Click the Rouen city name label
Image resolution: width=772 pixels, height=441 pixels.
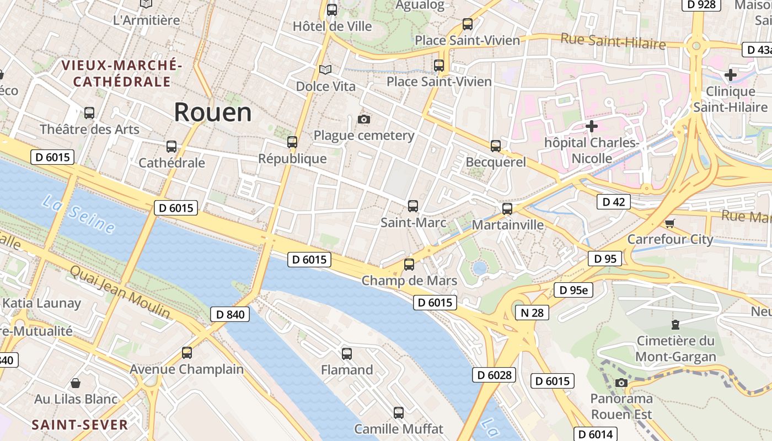[x=213, y=112]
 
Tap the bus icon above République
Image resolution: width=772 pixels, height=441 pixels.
[x=292, y=142]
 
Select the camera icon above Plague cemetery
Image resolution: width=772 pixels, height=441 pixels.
[x=363, y=119]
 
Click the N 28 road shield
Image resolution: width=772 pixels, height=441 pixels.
[x=532, y=313]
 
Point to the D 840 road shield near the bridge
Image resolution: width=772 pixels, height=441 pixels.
[x=230, y=314]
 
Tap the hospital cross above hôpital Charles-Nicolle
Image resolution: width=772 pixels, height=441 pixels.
[x=591, y=126]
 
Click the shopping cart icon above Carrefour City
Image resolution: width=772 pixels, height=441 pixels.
[x=669, y=223]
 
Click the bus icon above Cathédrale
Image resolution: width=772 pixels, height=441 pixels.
[x=171, y=147]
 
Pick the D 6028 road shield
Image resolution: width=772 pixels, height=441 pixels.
[x=494, y=375]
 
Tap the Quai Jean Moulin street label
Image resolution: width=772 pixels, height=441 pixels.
[x=120, y=292]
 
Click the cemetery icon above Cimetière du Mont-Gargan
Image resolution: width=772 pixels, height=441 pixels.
[x=675, y=324]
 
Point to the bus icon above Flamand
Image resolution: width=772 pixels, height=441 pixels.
[x=346, y=353]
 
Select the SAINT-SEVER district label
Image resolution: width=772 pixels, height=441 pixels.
[x=80, y=425]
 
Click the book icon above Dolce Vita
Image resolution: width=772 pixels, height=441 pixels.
[x=325, y=69]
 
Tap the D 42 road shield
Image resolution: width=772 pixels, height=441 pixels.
[x=613, y=202]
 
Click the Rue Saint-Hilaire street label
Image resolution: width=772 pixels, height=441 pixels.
[x=613, y=41]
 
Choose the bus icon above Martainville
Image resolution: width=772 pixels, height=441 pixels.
[x=507, y=209]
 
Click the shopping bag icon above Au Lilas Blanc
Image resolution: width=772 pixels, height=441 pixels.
[x=76, y=383]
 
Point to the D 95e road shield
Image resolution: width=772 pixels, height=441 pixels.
[x=573, y=290]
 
